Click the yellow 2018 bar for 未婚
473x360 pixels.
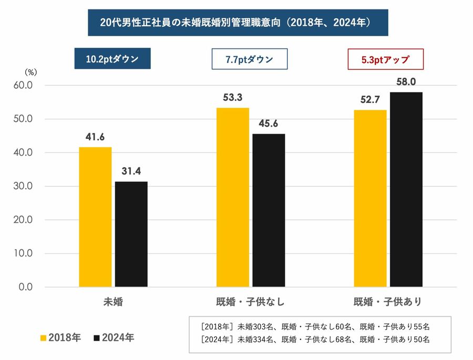coord(95,217)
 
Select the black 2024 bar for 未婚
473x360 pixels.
coord(131,234)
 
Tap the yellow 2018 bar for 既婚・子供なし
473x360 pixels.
coord(232,197)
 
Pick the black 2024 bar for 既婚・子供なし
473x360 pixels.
coord(269,210)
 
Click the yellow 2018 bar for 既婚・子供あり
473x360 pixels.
coord(370,198)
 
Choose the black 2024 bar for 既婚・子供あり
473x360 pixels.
coord(406,189)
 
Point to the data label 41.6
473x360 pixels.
coord(95,137)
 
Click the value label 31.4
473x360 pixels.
coord(131,171)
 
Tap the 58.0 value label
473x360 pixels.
coord(406,82)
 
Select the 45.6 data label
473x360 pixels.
coord(269,124)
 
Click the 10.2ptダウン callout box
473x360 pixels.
coord(112,59)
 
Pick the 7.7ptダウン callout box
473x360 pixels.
coord(249,59)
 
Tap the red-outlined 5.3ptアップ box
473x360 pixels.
coord(385,59)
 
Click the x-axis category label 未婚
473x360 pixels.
coord(114,302)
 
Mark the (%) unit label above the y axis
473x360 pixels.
coord(31,72)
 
